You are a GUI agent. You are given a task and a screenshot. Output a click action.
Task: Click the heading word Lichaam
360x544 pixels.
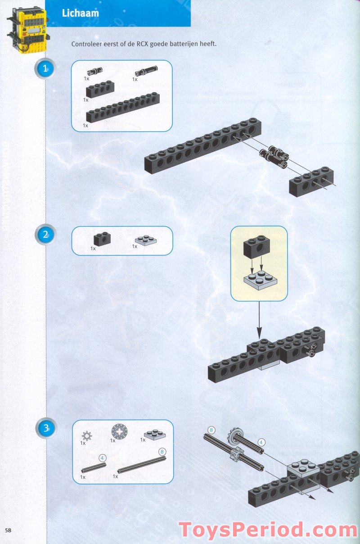(81, 13)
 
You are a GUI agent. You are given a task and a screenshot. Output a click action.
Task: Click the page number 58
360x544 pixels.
(9, 529)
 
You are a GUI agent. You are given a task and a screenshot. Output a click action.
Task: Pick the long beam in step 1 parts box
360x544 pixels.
(125, 110)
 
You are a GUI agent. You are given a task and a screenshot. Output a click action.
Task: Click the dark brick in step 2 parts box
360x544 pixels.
(102, 239)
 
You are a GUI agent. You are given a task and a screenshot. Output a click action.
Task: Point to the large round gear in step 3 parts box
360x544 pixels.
(118, 433)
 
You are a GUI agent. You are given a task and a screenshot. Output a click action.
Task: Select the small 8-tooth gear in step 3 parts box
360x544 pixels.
(86, 435)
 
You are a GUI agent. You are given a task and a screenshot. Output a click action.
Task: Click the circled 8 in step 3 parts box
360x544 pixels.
(162, 451)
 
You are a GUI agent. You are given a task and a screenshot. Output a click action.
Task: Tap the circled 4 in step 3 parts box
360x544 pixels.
(102, 458)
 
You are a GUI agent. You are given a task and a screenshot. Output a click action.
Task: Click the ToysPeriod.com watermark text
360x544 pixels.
(268, 530)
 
